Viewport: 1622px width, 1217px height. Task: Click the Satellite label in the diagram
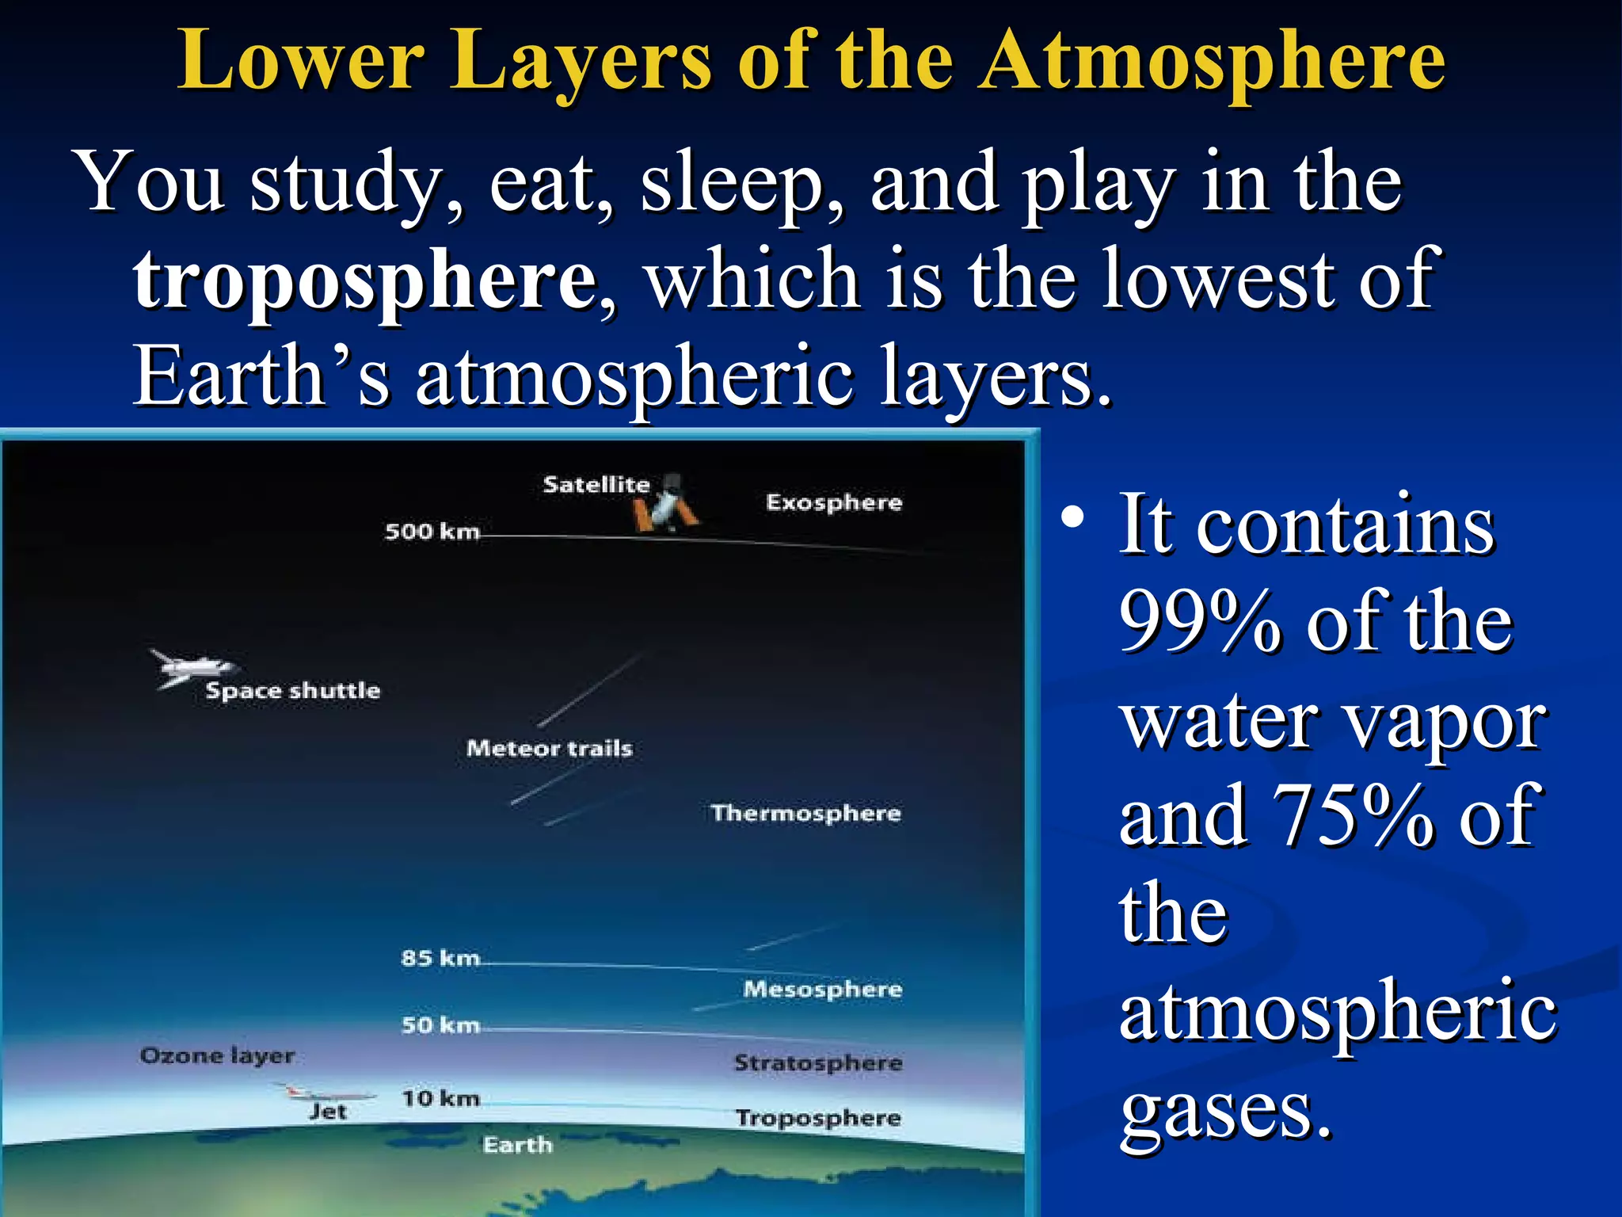pos(596,484)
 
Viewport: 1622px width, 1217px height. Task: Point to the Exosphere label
pos(833,502)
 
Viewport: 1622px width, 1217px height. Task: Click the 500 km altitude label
pos(432,531)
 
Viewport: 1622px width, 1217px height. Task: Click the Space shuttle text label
pos(292,690)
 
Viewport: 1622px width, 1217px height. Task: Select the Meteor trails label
pos(549,748)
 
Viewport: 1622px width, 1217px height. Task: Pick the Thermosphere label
pos(805,813)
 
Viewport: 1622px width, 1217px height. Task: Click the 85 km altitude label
pos(440,958)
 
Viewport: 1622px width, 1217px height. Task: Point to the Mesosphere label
pos(822,989)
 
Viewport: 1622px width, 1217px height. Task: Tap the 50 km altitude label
pos(440,1025)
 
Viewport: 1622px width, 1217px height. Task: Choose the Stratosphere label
pos(818,1062)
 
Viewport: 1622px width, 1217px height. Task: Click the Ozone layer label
pos(217,1055)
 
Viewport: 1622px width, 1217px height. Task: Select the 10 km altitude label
pos(440,1098)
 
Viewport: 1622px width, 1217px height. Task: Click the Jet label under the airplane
pos(328,1112)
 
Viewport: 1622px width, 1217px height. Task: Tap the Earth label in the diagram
pos(517,1145)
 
